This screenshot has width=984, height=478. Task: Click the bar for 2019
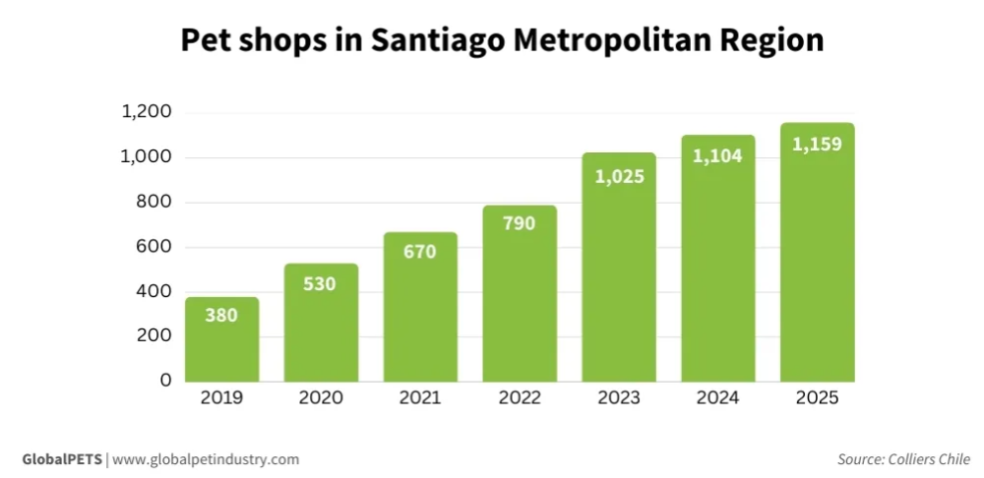pos(221,339)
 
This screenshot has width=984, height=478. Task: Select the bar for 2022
pos(520,295)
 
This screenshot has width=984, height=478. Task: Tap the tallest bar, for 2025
pos(817,256)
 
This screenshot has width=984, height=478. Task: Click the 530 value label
pos(321,284)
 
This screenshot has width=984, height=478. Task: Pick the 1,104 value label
pos(717,156)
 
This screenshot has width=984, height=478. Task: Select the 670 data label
pos(420,252)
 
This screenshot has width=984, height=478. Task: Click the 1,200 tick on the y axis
pos(147,112)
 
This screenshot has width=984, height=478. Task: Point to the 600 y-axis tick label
pos(153,247)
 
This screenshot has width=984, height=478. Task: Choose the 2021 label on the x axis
pos(420,398)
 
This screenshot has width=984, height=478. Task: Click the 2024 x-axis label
pos(717,398)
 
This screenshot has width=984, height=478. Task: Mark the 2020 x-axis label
pos(321,398)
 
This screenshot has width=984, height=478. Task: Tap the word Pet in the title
pos(205,41)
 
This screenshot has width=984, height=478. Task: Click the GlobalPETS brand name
pos(61,459)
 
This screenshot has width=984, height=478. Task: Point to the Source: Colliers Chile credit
pos(903,459)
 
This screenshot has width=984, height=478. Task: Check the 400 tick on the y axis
pos(153,291)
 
